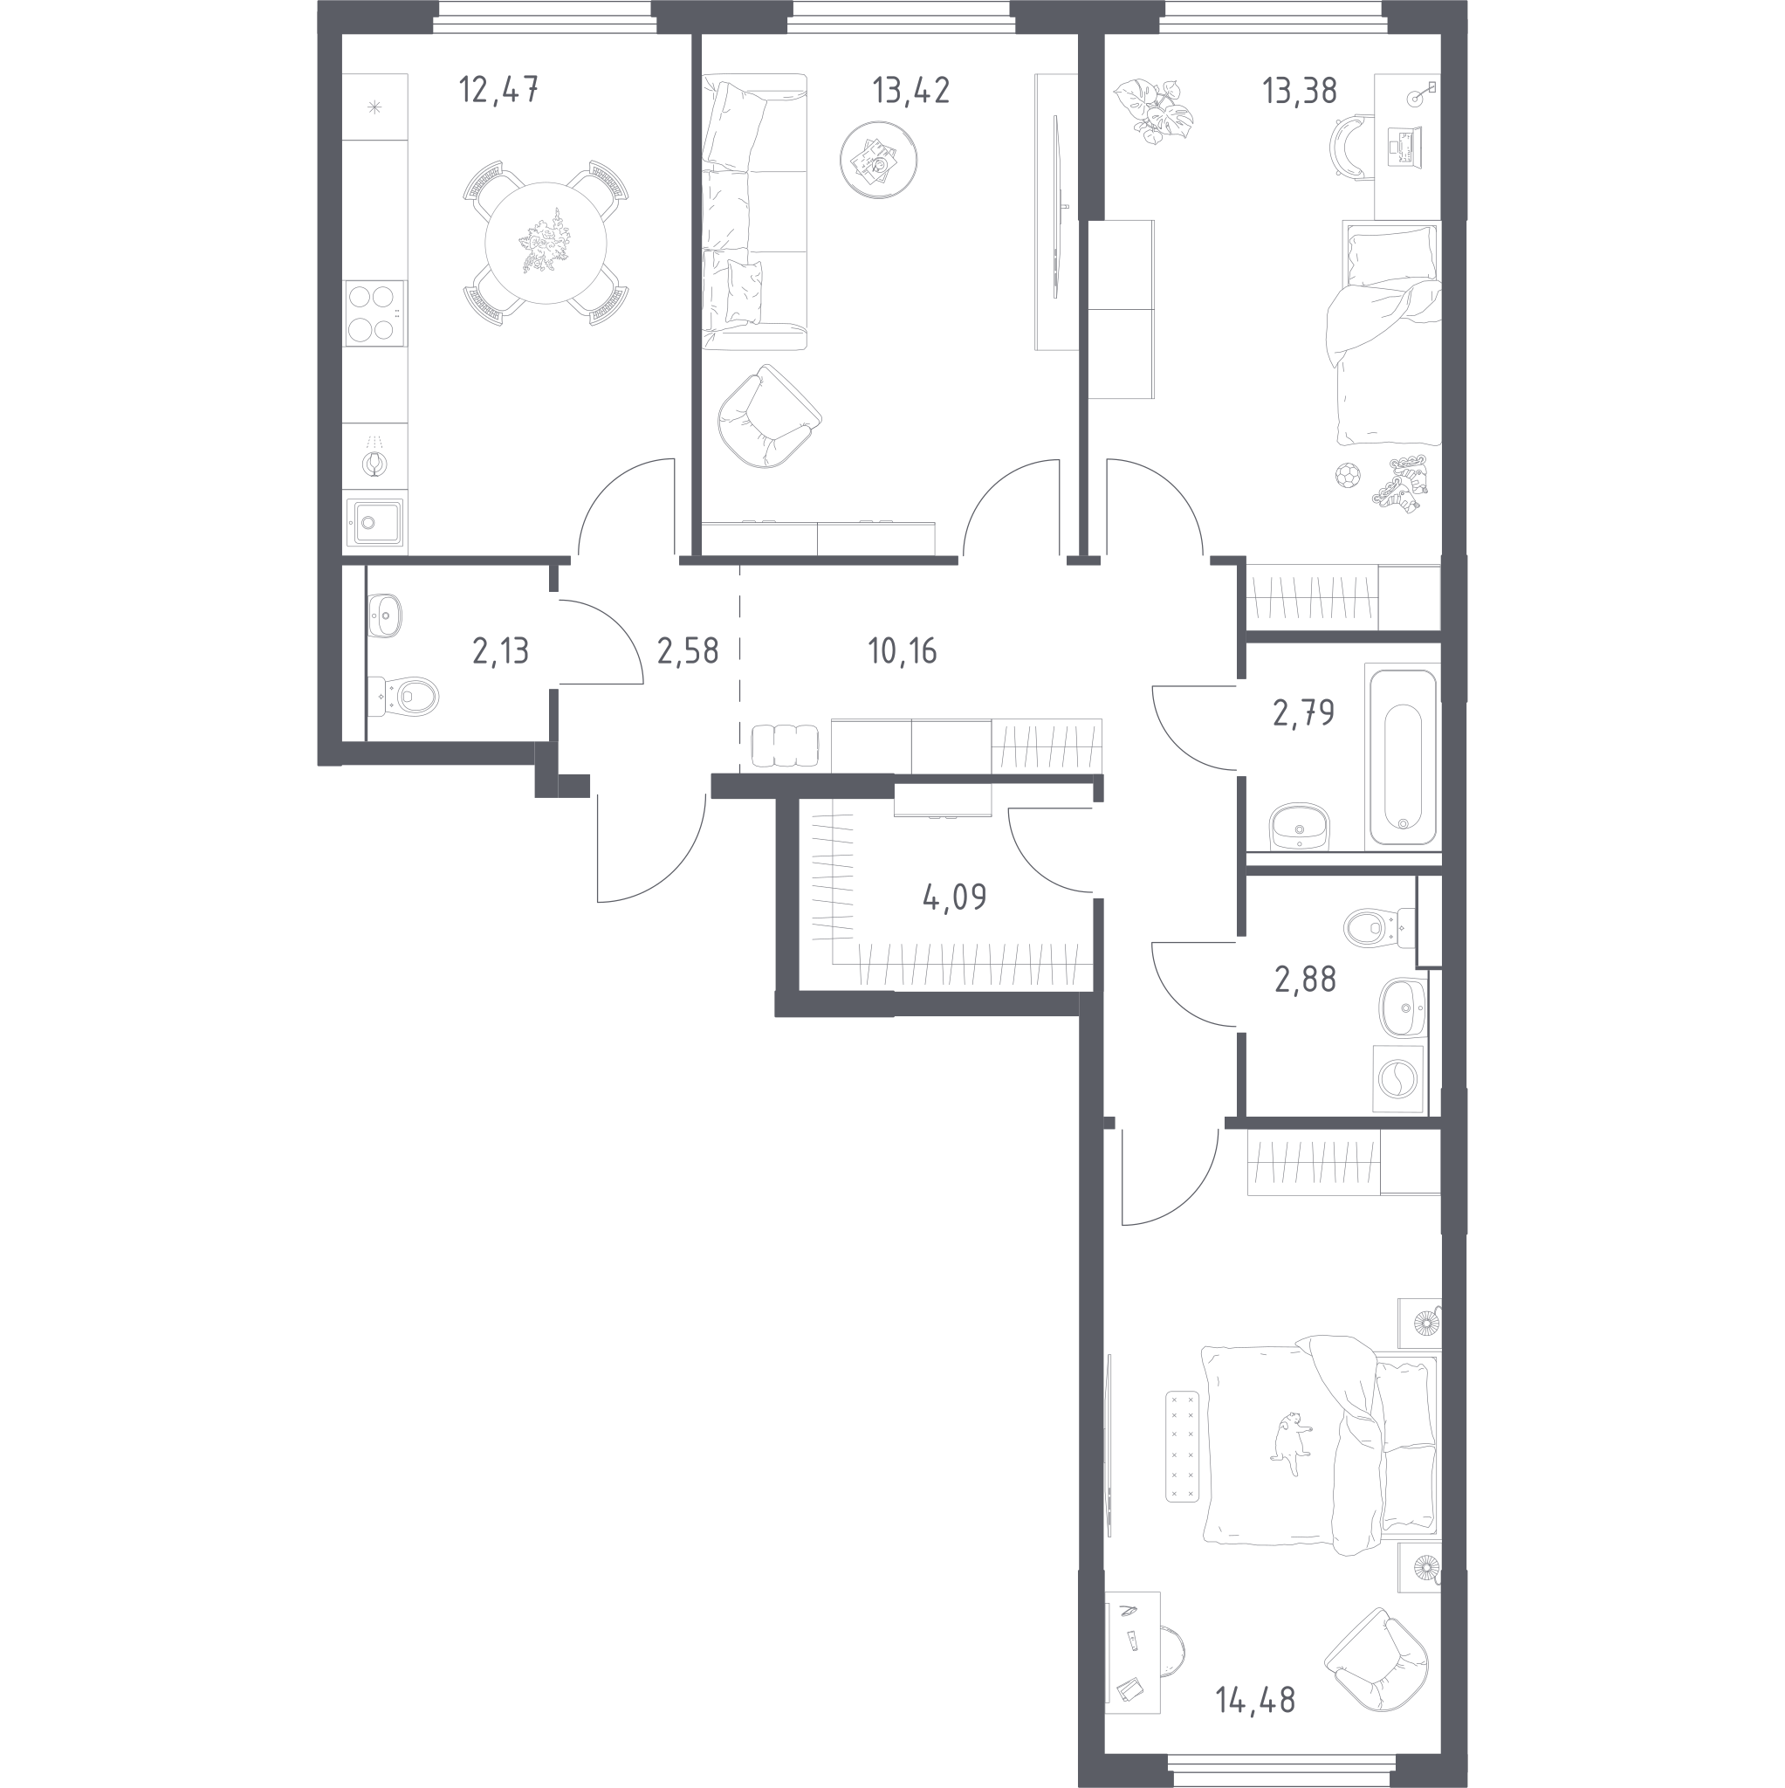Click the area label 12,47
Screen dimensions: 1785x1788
[498, 91]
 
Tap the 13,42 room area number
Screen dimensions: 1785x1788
[910, 91]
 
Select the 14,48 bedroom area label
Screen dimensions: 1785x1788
[1255, 1700]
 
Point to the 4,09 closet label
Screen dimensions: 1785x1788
[954, 897]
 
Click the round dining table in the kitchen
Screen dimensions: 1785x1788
[546, 244]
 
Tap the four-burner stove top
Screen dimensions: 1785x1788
[374, 313]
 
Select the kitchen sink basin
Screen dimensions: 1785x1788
[374, 524]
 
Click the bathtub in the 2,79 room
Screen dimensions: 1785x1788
[1403, 757]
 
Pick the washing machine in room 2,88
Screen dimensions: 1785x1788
[1397, 1079]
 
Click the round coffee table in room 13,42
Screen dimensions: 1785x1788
[878, 160]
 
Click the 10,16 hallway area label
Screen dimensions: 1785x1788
[903, 651]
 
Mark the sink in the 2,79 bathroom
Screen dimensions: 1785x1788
[1300, 827]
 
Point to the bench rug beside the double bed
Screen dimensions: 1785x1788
[1183, 1460]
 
